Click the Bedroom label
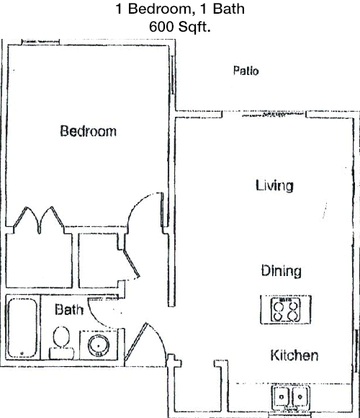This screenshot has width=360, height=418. tap(88, 131)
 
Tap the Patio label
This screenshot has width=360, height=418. tap(246, 71)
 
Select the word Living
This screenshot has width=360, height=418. tap(274, 185)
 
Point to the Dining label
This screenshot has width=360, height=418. tap(282, 271)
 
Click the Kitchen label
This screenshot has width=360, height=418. tap(294, 355)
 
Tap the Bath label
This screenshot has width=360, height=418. tap(69, 309)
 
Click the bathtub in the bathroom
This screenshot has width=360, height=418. tap(22, 327)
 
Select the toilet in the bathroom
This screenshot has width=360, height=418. tap(61, 343)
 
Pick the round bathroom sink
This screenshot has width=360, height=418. tap(99, 345)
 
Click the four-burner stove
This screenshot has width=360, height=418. tap(285, 309)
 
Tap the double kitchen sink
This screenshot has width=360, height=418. tap(290, 398)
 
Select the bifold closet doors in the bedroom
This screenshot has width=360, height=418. tap(39, 219)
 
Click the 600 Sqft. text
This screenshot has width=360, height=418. tap(180, 27)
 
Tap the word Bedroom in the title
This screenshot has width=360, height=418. tap(160, 9)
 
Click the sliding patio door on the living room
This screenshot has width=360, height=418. tap(273, 115)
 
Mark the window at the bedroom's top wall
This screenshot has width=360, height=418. tap(40, 42)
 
